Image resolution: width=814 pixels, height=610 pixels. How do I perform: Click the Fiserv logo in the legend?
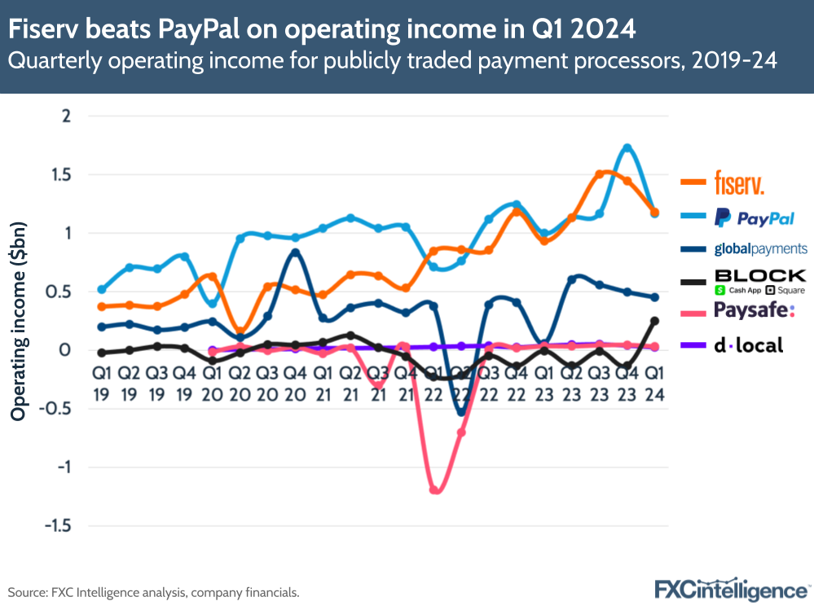[739, 181]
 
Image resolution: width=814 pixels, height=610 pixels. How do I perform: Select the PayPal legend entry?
[755, 217]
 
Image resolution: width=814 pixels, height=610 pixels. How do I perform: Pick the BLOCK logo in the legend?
[759, 281]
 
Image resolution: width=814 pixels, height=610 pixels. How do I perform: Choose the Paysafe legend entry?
[755, 310]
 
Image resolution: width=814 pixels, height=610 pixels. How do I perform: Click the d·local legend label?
[748, 345]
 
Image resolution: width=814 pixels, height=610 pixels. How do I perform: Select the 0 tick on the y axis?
[66, 350]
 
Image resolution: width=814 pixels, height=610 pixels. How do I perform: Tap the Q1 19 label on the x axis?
[101, 383]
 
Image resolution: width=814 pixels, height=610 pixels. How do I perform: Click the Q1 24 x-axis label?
[653, 383]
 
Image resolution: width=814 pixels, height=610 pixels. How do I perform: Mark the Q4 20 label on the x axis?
[295, 383]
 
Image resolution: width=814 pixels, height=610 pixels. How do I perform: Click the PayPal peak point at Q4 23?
[627, 148]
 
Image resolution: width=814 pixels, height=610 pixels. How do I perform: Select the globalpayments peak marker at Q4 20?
[295, 252]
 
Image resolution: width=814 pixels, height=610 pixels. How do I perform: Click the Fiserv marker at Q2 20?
[240, 331]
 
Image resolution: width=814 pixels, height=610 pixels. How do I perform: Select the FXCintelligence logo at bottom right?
[732, 590]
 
